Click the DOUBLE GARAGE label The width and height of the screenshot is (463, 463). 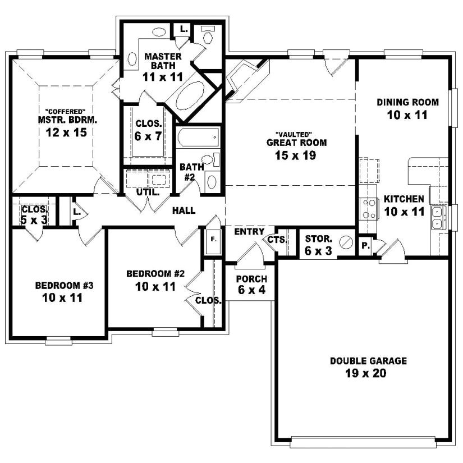368,361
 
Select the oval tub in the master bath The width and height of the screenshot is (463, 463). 191,96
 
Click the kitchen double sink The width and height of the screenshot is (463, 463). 437,218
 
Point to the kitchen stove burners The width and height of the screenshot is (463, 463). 368,209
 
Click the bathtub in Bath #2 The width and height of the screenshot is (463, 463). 198,136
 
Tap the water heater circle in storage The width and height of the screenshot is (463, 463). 346,242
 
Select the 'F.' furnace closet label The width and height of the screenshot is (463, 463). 213,239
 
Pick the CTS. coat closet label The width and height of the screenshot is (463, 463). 277,240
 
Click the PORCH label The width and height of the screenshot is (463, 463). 251,279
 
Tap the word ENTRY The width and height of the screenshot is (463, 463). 249,232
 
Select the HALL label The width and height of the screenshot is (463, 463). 184,210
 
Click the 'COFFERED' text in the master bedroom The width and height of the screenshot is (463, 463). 62,110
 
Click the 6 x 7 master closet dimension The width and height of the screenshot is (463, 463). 149,135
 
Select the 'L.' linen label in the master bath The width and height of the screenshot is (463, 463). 184,28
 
